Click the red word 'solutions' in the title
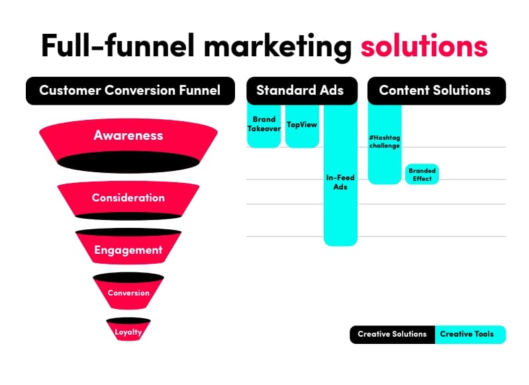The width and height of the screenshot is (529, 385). pyautogui.click(x=424, y=46)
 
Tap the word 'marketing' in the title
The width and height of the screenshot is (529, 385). pyautogui.click(x=277, y=47)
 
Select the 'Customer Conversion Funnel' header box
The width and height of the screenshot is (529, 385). pyautogui.click(x=130, y=91)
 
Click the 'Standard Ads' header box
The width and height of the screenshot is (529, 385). pyautogui.click(x=302, y=91)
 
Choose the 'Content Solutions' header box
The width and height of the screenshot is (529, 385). pyautogui.click(x=436, y=91)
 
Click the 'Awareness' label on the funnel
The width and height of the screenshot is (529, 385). pyautogui.click(x=128, y=135)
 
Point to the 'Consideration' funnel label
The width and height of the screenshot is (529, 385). pyautogui.click(x=128, y=197)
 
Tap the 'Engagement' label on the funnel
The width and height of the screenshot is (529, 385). pyautogui.click(x=128, y=250)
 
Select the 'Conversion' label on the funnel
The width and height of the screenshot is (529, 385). pyautogui.click(x=128, y=293)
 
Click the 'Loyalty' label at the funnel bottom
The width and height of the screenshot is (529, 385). pyautogui.click(x=128, y=332)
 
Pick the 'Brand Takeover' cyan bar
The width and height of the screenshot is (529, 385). pyautogui.click(x=264, y=126)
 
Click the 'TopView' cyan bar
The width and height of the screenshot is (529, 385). pyautogui.click(x=302, y=126)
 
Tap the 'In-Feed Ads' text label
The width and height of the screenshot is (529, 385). pyautogui.click(x=340, y=182)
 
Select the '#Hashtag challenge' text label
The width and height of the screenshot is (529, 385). pyautogui.click(x=385, y=142)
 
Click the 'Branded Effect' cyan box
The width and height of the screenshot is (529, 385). pyautogui.click(x=422, y=174)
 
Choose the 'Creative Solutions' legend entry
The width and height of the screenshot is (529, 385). pyautogui.click(x=393, y=335)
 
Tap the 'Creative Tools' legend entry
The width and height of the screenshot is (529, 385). pyautogui.click(x=470, y=335)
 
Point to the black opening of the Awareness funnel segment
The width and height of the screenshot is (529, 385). pyautogui.click(x=128, y=162)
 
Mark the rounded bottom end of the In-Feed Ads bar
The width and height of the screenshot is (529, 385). pyautogui.click(x=340, y=242)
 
